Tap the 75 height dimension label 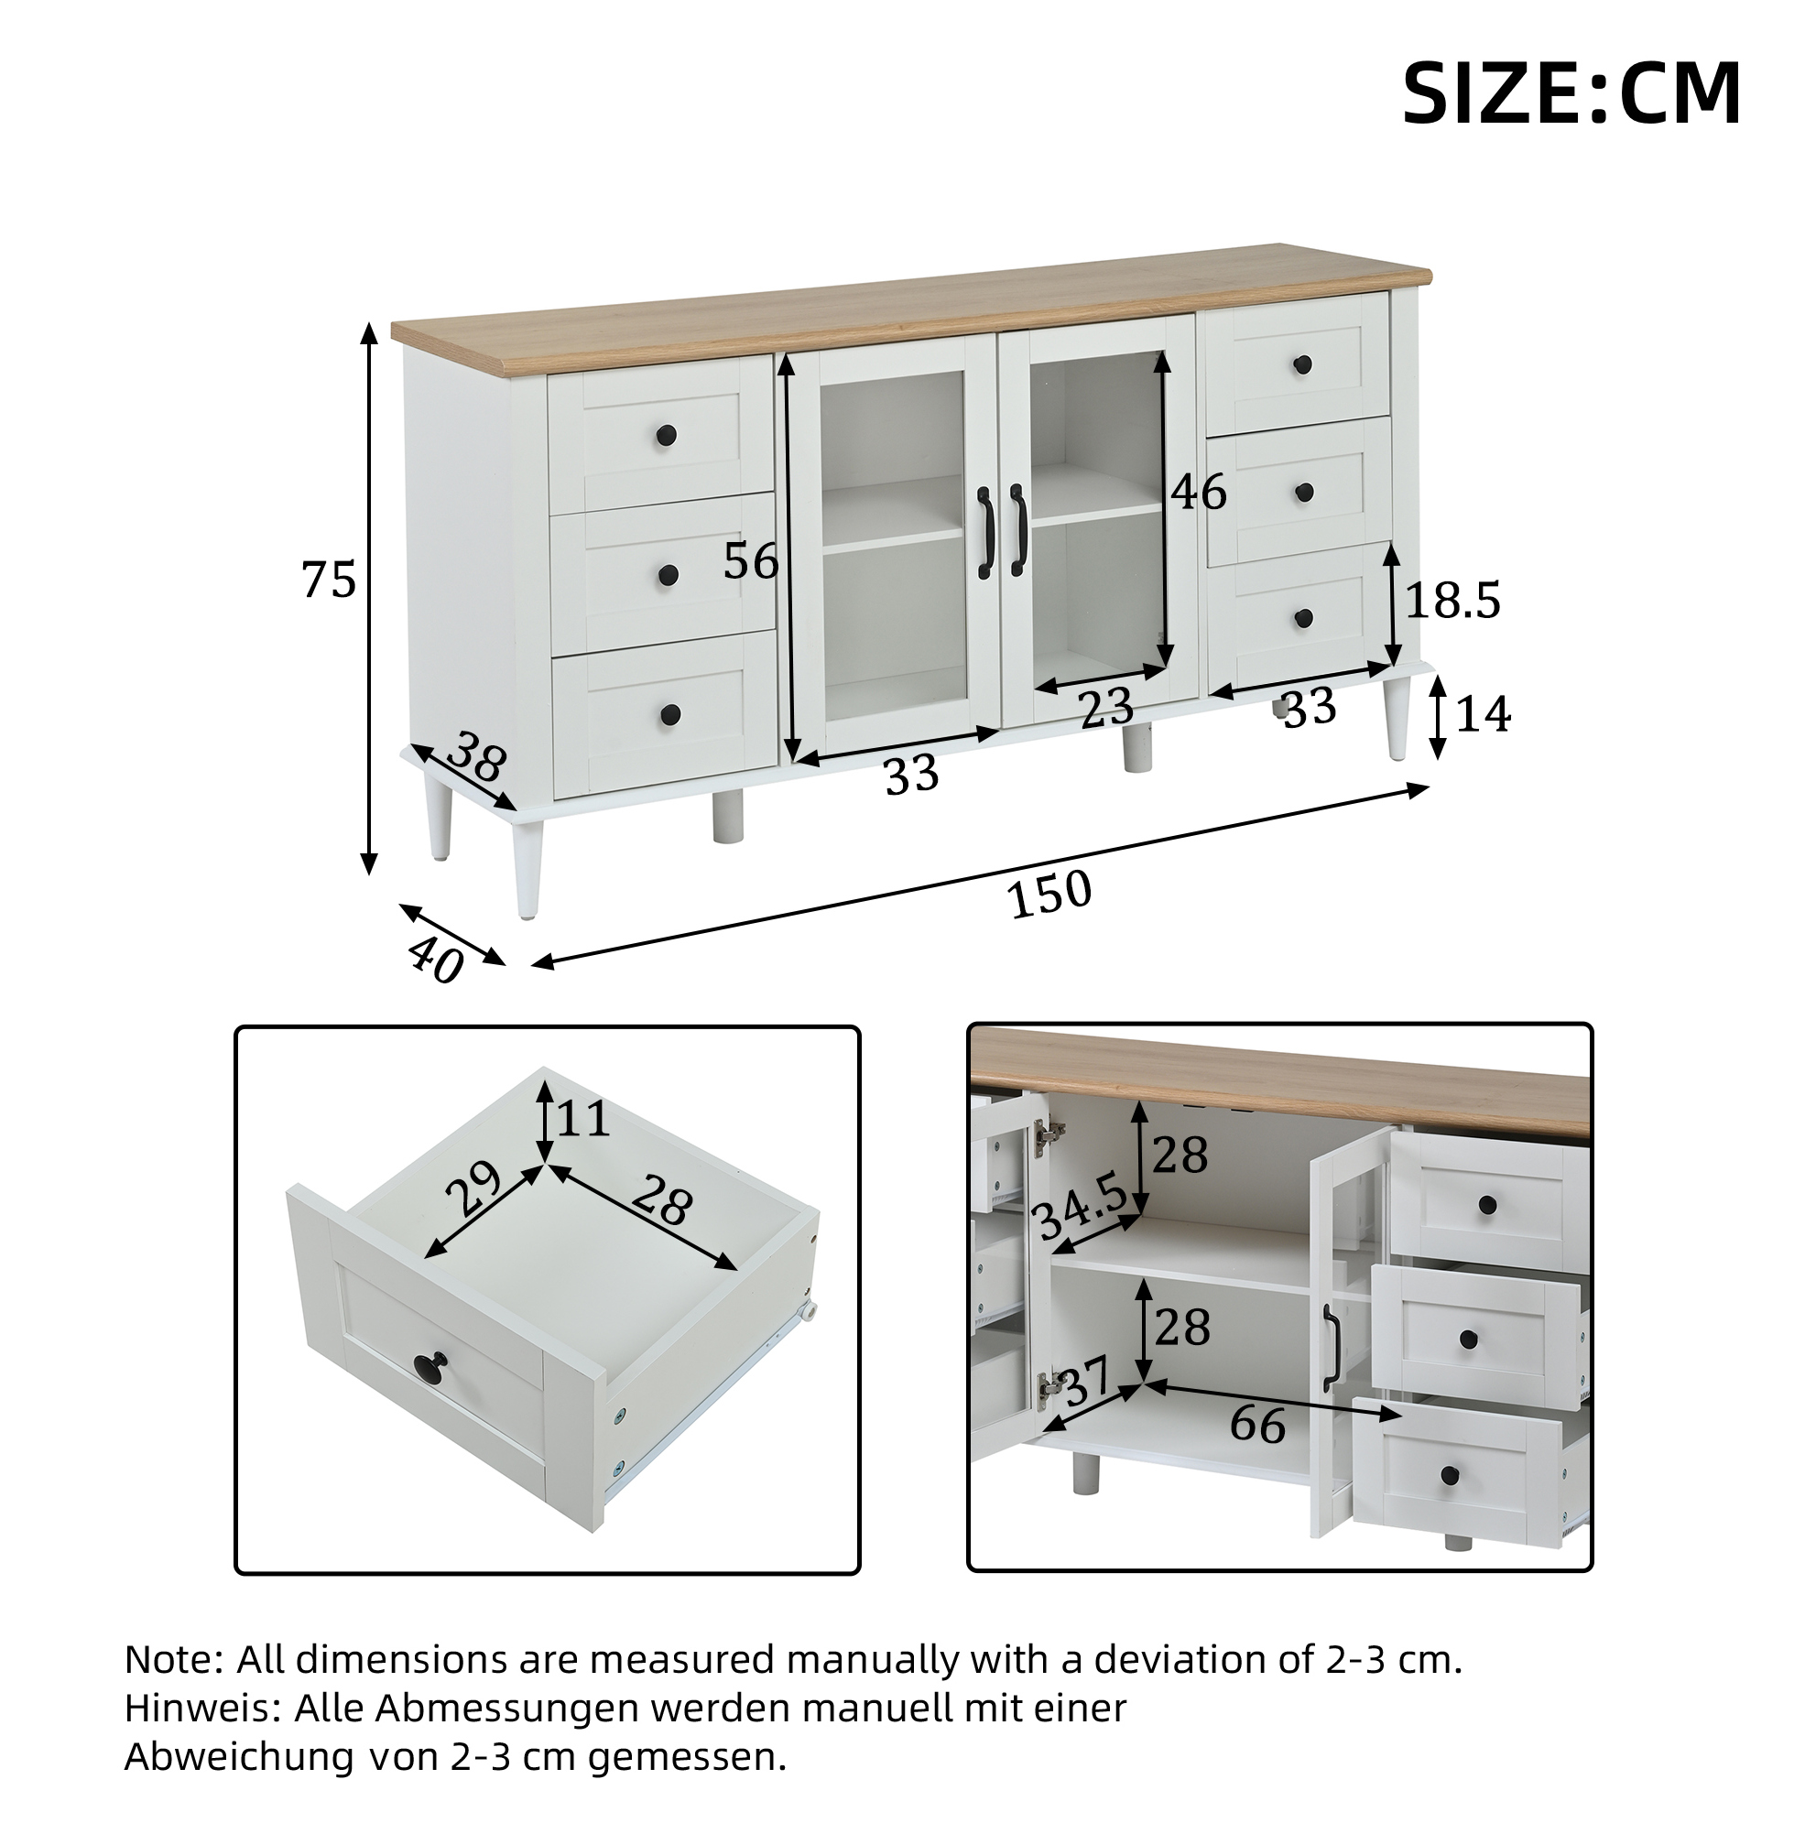[330, 579]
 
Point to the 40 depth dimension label [436, 960]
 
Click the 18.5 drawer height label [1453, 600]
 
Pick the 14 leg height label [1484, 713]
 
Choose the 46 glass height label [1200, 492]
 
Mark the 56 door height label [751, 561]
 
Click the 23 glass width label [1107, 708]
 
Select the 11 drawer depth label [583, 1119]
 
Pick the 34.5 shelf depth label [1082, 1209]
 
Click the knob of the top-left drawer [667, 436]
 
